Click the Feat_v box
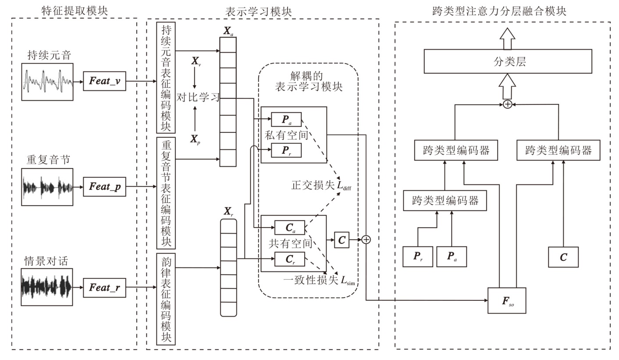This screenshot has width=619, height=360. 104,82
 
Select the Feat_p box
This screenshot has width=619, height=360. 104,187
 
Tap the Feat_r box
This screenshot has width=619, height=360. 104,288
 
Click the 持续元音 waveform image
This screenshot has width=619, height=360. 47,82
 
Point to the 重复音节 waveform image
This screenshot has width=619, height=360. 47,187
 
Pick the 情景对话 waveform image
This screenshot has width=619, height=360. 47,288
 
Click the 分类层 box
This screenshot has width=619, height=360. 507,61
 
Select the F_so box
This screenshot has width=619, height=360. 507,300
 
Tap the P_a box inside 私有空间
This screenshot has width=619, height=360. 286,119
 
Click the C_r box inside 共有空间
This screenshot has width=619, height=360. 289,260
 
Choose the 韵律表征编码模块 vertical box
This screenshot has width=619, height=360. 166,299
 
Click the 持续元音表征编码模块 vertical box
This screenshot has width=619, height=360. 166,78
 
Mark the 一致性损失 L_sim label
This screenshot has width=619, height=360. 320,281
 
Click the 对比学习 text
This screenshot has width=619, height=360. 198,97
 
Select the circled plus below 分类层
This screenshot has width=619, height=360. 507,104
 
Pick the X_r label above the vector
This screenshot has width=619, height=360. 228,211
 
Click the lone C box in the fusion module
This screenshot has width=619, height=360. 563,257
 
